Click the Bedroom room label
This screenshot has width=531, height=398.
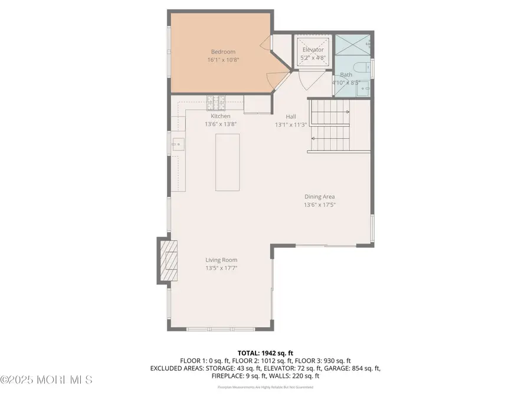(x=223, y=52)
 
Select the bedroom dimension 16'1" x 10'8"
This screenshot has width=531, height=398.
(x=223, y=60)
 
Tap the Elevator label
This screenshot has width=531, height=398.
(x=313, y=50)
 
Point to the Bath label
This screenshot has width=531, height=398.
(x=346, y=75)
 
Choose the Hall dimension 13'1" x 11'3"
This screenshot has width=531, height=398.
(x=291, y=124)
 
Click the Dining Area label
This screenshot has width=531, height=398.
(x=320, y=197)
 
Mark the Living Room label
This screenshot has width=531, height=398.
(x=221, y=260)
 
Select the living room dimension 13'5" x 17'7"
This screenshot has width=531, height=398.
(x=221, y=268)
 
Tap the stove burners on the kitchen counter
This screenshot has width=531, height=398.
(x=217, y=100)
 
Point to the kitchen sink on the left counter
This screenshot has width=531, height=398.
(x=178, y=143)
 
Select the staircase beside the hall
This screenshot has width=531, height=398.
(x=330, y=126)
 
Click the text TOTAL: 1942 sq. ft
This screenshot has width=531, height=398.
(x=265, y=352)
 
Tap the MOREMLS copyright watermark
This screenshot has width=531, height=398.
(x=47, y=379)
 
